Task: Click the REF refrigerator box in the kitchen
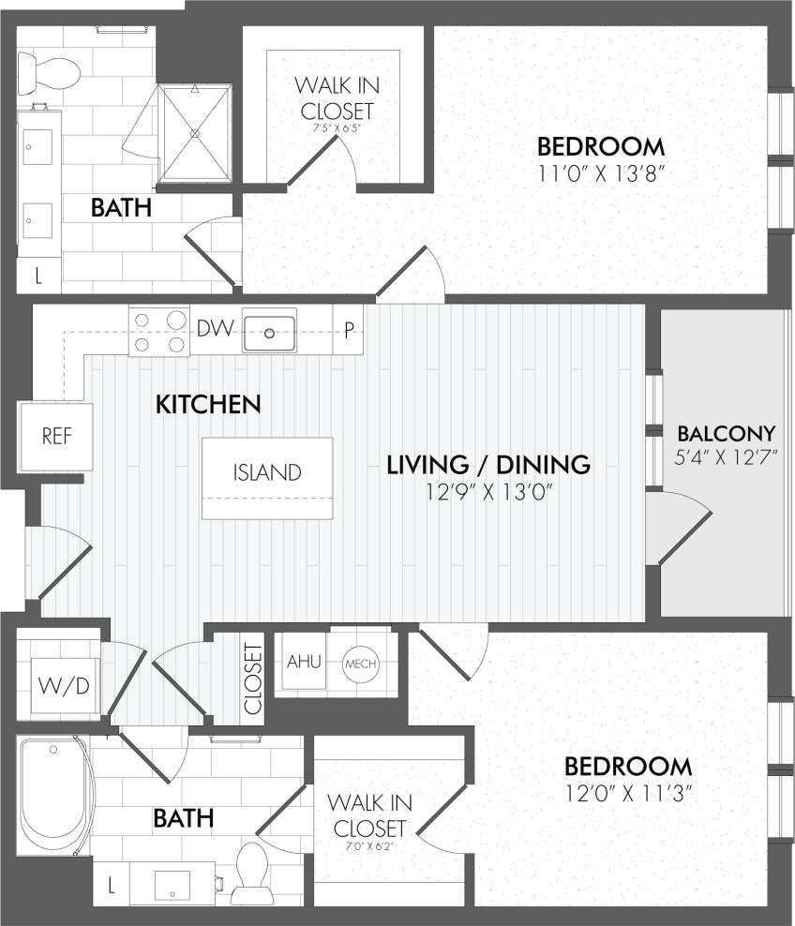(x=56, y=437)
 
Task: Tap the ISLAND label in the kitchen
(x=267, y=472)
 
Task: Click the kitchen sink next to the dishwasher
(x=270, y=331)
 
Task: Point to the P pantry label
(x=349, y=330)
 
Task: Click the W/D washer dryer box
(x=65, y=686)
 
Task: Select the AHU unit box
(x=304, y=662)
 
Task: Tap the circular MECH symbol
(x=361, y=664)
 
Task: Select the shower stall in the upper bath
(x=196, y=131)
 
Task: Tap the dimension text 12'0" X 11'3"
(x=627, y=793)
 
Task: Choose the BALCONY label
(x=727, y=434)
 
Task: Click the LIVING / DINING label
(x=488, y=464)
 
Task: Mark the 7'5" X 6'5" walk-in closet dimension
(x=337, y=128)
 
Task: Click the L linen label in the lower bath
(x=112, y=883)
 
